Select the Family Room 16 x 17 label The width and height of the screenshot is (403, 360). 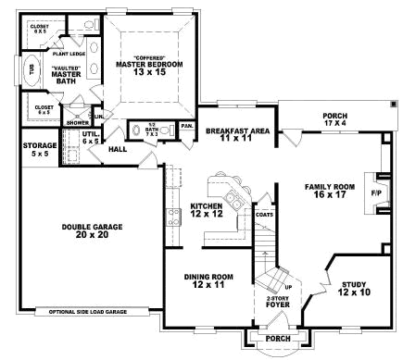point(330,192)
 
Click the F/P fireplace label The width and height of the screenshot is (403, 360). point(376,193)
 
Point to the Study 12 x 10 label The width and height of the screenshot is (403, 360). point(354,289)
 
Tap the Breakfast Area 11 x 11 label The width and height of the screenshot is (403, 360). point(238,135)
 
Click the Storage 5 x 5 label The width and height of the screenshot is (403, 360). point(41,148)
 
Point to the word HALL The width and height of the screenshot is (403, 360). point(118,149)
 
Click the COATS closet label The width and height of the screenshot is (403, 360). point(264,215)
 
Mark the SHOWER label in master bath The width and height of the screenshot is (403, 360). point(76,121)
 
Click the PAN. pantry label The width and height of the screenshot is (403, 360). point(186,125)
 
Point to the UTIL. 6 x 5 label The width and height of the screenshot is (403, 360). point(90,137)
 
